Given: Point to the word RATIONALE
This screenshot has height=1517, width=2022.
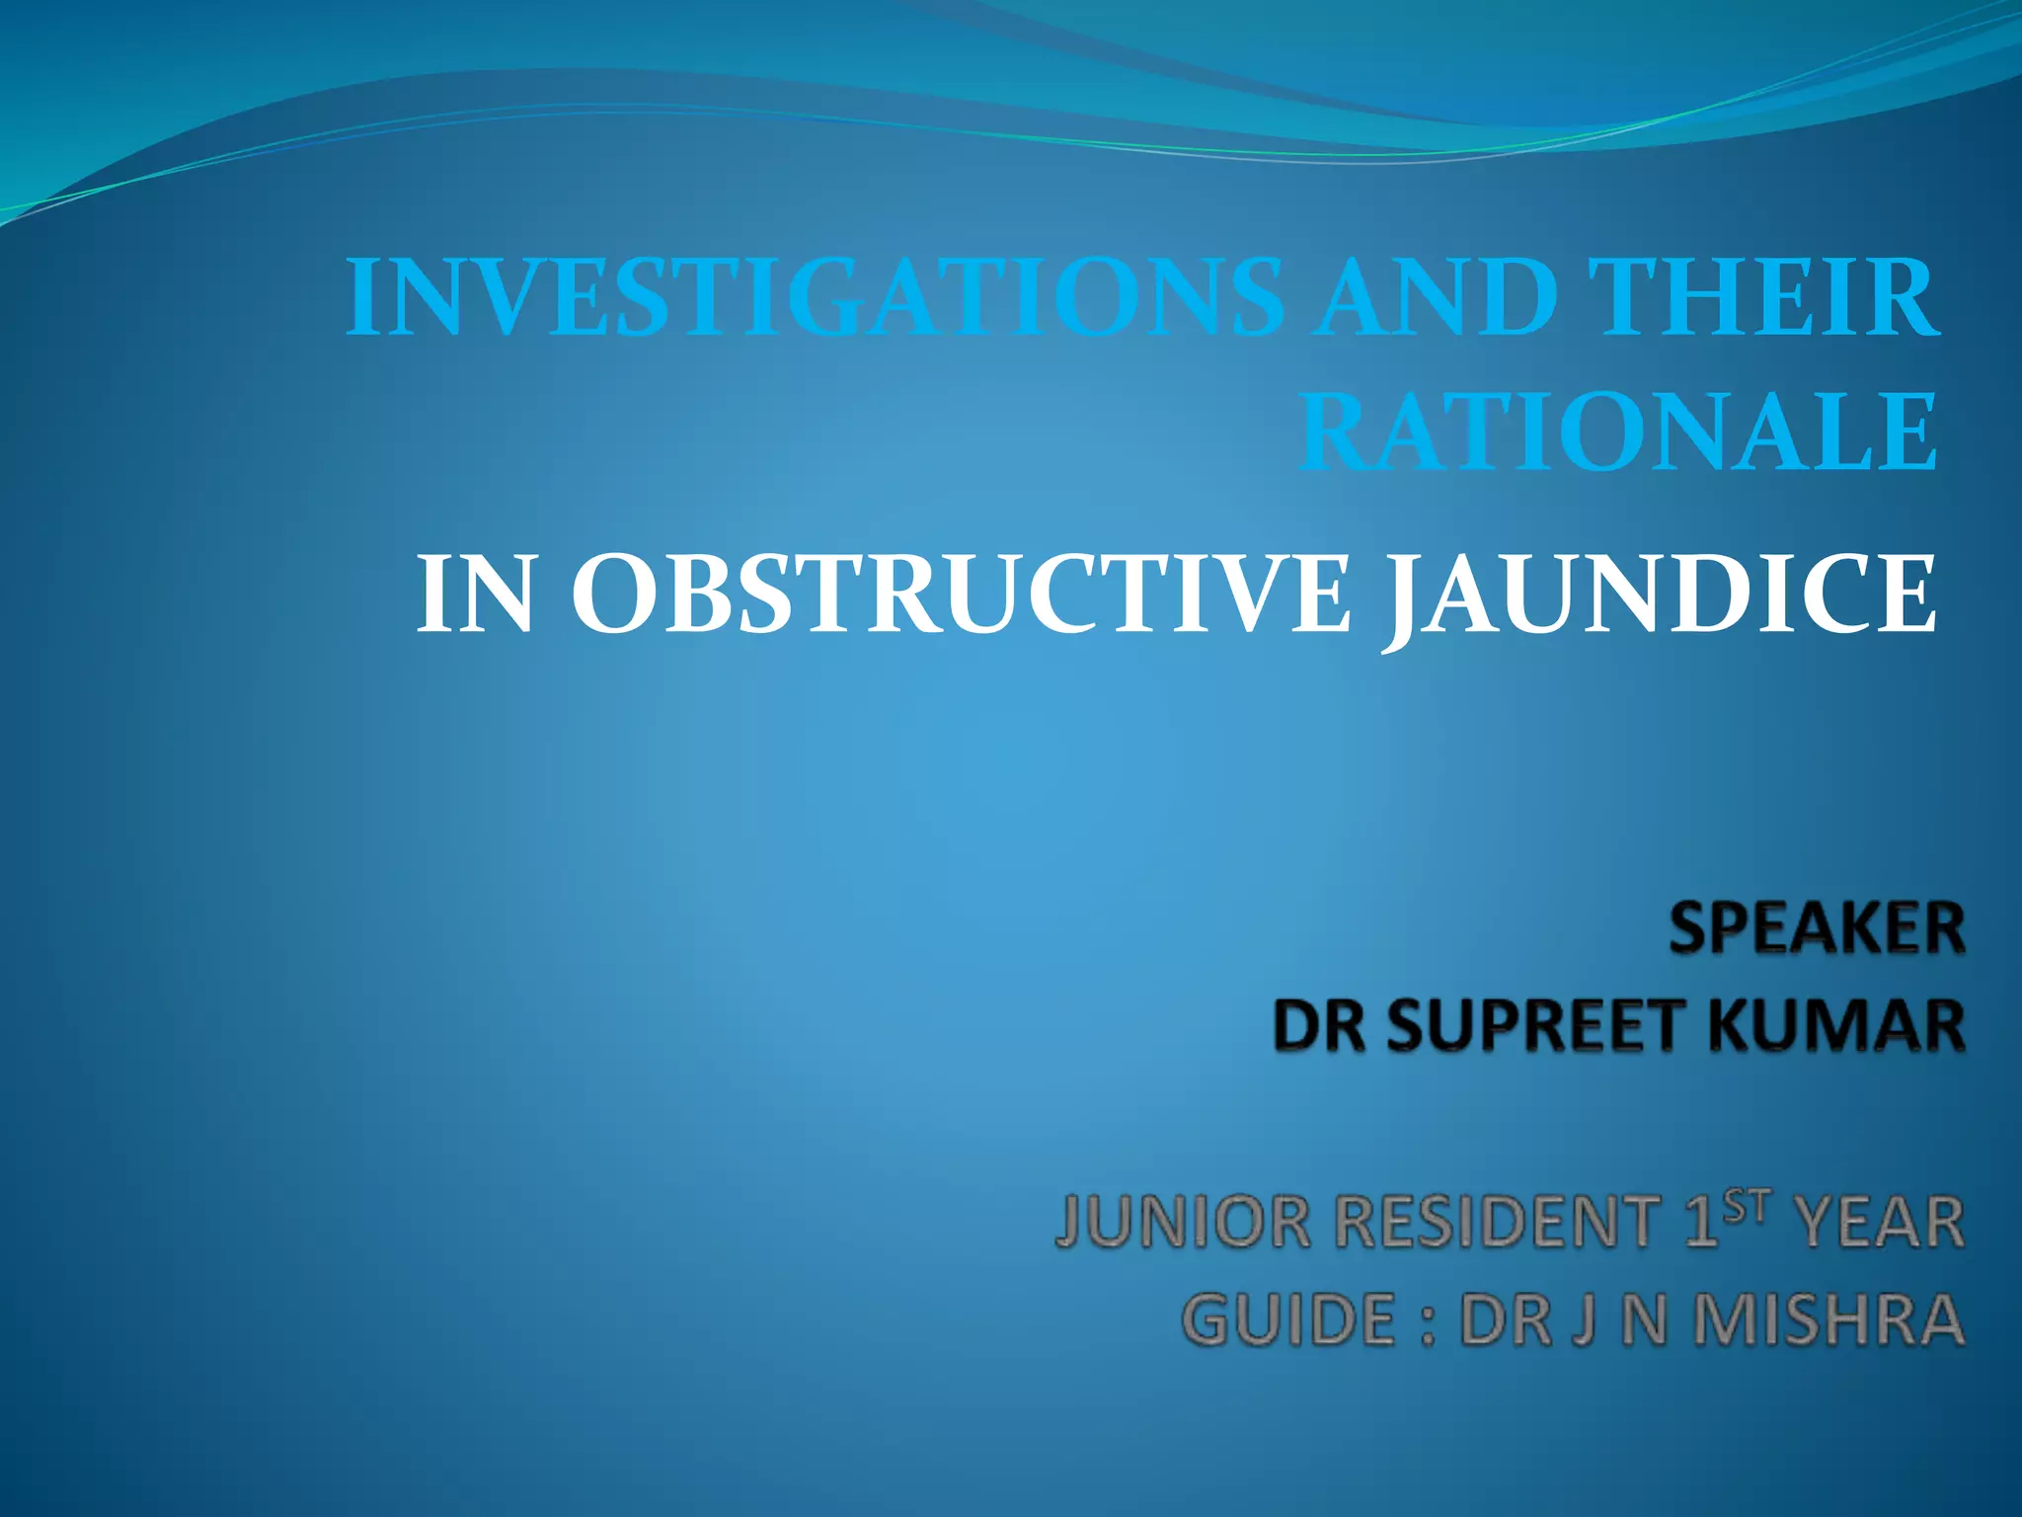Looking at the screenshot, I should click(1617, 434).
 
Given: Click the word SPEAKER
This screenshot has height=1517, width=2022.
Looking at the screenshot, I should click(1817, 930).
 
